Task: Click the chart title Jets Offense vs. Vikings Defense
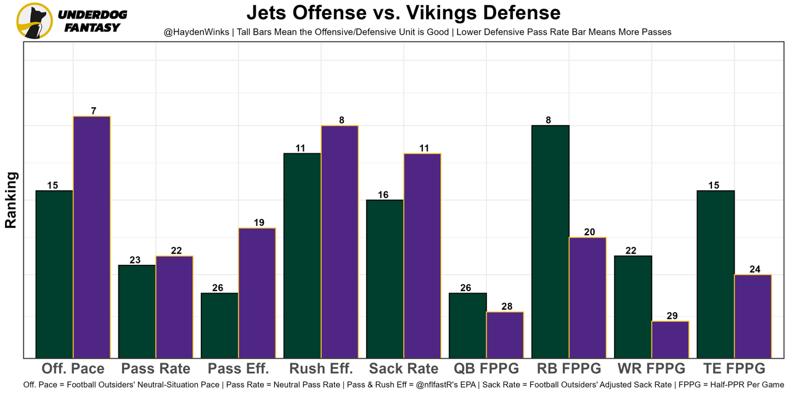[x=403, y=13]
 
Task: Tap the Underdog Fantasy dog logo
[x=35, y=21]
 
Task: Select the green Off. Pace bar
[x=55, y=274]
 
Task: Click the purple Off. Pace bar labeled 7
[x=92, y=237]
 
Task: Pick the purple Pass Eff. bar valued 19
[x=257, y=293]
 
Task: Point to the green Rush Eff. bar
[x=302, y=255]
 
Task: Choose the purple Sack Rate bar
[x=422, y=255]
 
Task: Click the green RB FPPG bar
[x=550, y=241]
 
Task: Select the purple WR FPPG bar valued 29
[x=670, y=339]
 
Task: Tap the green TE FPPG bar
[x=715, y=274]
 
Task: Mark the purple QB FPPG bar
[x=505, y=335]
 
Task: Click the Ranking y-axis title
[x=11, y=200]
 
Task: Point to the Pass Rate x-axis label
[x=155, y=369]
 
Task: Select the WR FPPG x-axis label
[x=651, y=369]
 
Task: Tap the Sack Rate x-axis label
[x=403, y=369]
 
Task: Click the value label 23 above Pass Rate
[x=135, y=260]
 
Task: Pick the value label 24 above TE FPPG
[x=754, y=270]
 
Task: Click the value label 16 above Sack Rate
[x=383, y=195]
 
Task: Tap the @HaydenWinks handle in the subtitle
[x=196, y=32]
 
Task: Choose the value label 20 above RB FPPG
[x=589, y=232]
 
